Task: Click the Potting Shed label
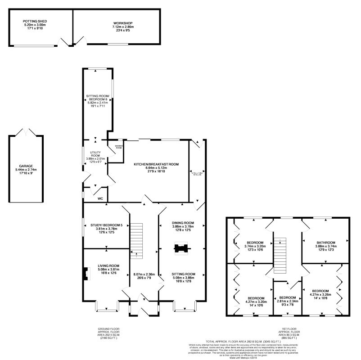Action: tap(36, 22)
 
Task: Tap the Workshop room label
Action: tap(123, 23)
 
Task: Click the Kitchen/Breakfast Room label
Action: tap(156, 165)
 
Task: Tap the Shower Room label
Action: tap(119, 146)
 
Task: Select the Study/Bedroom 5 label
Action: tap(106, 225)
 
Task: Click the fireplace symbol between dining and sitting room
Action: tap(181, 248)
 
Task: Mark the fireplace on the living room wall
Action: tap(85, 273)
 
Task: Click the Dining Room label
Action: tap(183, 222)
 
